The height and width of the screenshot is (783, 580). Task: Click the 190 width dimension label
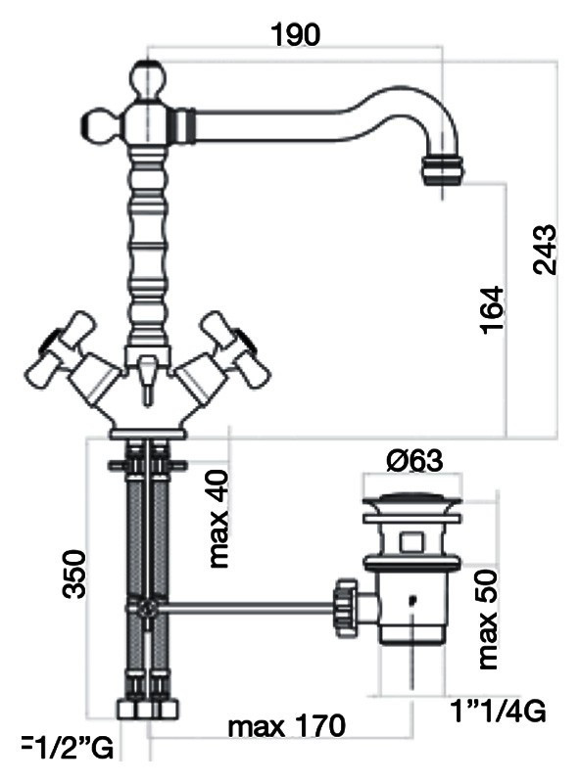click(295, 34)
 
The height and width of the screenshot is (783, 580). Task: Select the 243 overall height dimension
click(545, 251)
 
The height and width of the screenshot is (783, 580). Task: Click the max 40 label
click(218, 519)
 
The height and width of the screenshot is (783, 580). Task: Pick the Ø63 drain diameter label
click(412, 460)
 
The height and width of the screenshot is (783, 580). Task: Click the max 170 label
click(286, 727)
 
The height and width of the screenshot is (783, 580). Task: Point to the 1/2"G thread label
click(68, 750)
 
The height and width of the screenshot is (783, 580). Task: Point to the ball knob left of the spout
click(98, 124)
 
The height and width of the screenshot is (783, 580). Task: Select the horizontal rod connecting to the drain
click(245, 607)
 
